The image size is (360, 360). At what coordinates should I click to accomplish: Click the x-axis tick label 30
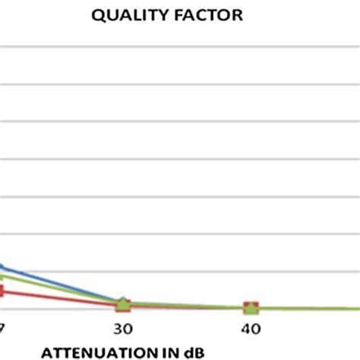[122, 329]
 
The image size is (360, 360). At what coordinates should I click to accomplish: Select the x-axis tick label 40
[251, 329]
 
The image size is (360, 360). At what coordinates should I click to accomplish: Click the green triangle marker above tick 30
[123, 304]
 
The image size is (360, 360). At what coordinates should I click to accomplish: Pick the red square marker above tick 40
[251, 308]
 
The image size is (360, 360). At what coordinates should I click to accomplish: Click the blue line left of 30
[61, 284]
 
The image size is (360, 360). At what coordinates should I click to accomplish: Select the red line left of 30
[61, 298]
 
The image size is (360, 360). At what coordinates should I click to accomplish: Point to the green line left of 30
[61, 289]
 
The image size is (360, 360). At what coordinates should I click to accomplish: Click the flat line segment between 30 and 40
[187, 306]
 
